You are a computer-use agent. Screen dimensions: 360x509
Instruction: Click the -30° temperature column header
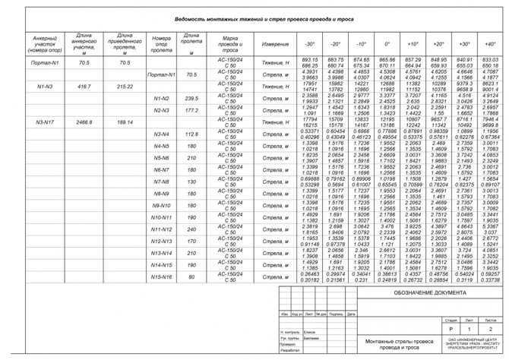pyautogui.click(x=289, y=44)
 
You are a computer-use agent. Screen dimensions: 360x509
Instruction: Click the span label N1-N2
pyautogui.click(x=160, y=99)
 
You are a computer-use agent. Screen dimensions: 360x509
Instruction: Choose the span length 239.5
pyautogui.click(x=191, y=99)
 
